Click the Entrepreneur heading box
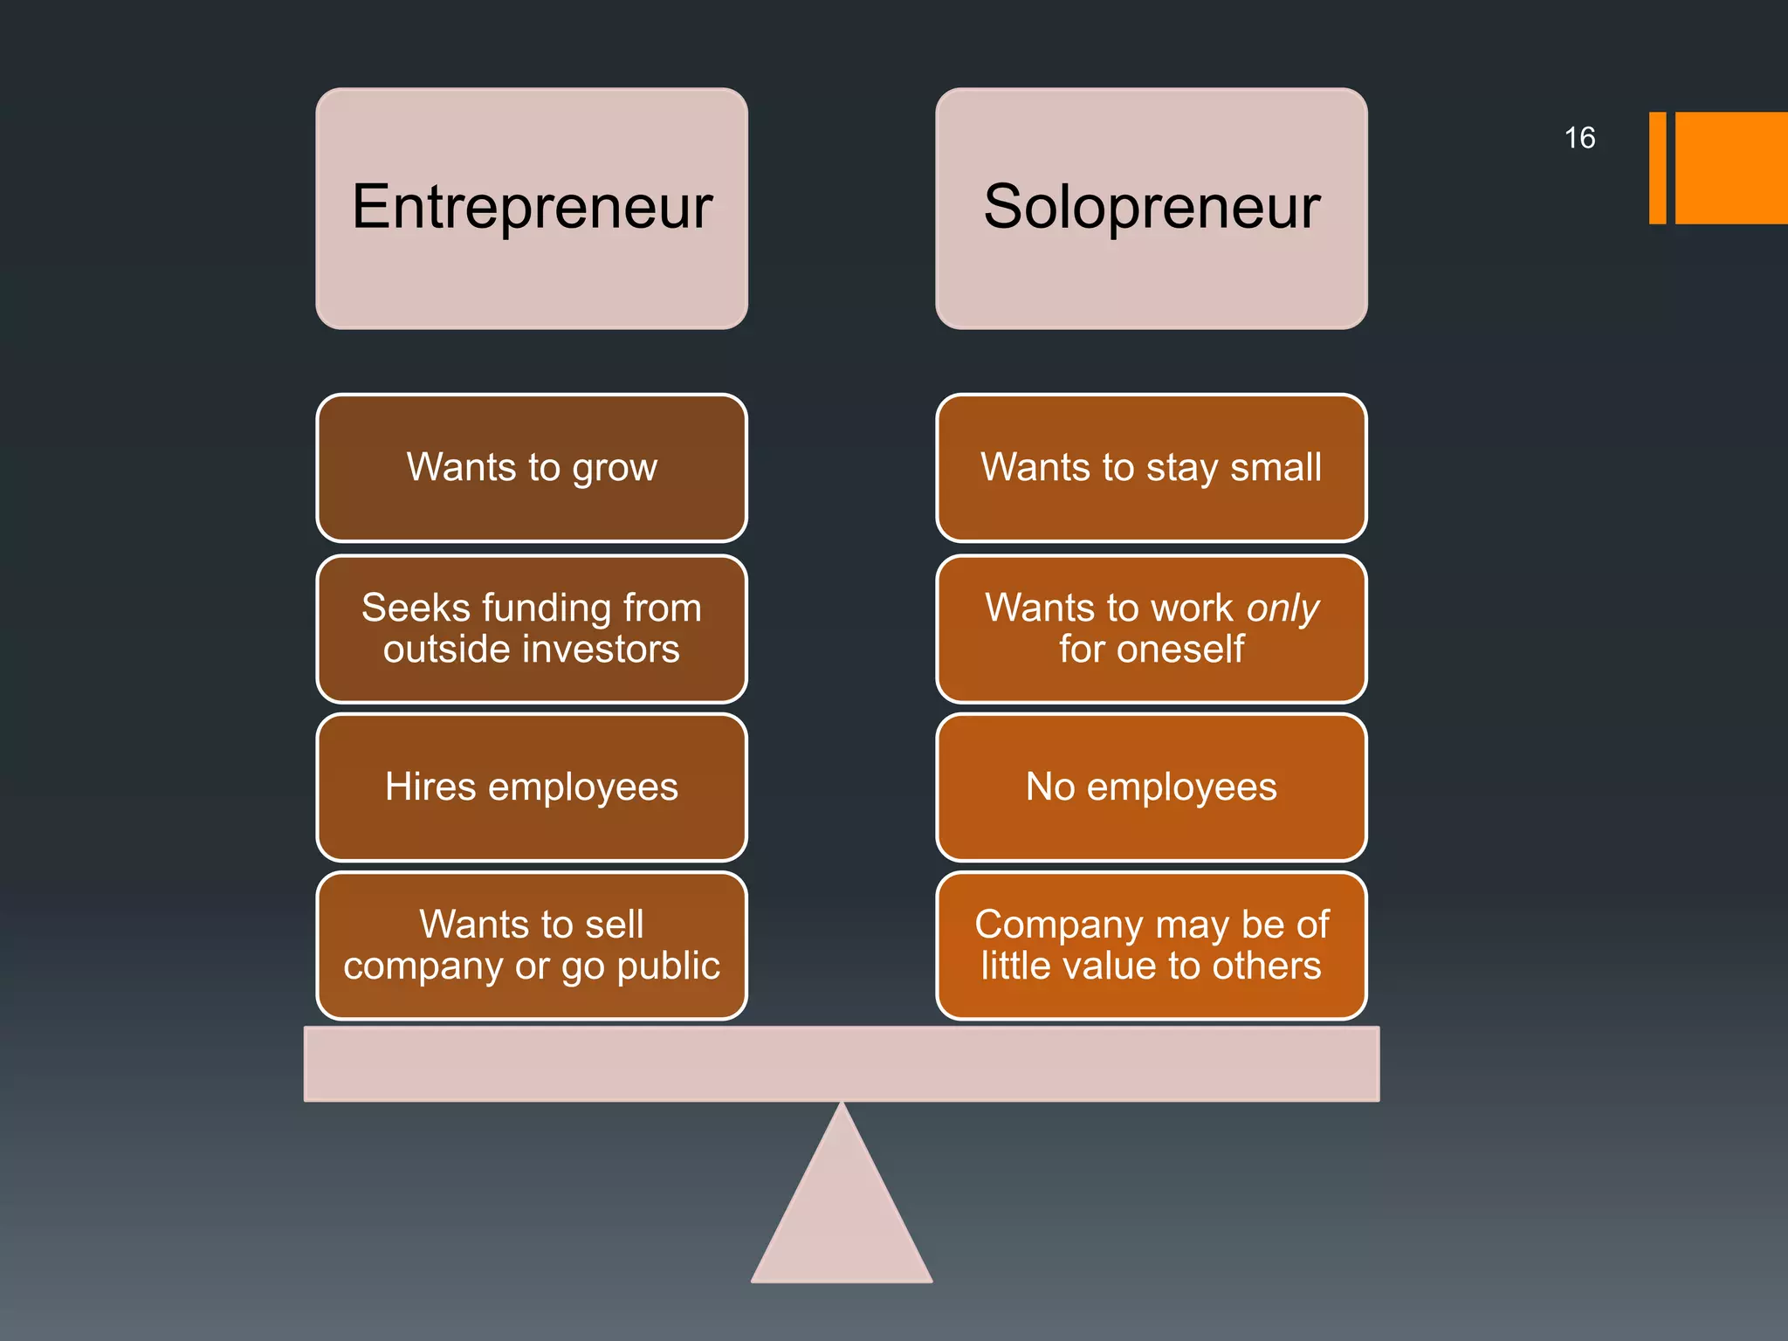(x=531, y=208)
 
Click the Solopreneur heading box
(x=1151, y=208)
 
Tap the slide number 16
(x=1579, y=138)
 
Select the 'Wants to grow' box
(x=531, y=467)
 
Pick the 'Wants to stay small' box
(x=1151, y=467)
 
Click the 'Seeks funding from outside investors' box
(x=531, y=628)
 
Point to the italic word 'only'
(x=1283, y=608)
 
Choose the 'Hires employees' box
(x=531, y=787)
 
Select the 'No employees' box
(x=1151, y=787)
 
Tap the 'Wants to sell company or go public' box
(x=531, y=945)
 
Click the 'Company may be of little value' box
(x=1151, y=945)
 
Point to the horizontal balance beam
(x=842, y=1063)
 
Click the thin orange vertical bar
(x=1657, y=168)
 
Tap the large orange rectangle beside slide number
(x=1731, y=168)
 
